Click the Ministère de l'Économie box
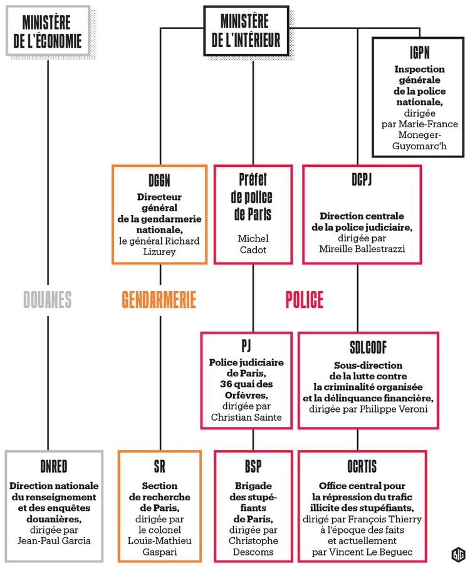click(x=47, y=32)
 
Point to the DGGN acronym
click(x=159, y=181)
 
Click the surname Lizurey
click(x=159, y=251)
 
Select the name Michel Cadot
click(x=253, y=244)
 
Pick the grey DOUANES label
click(x=48, y=300)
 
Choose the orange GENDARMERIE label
click(x=159, y=300)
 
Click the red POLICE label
click(x=305, y=300)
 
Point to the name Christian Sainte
click(x=246, y=417)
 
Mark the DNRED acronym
click(x=53, y=466)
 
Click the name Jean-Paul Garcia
click(x=53, y=540)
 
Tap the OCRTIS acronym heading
click(x=362, y=466)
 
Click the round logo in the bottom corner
click(x=457, y=554)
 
